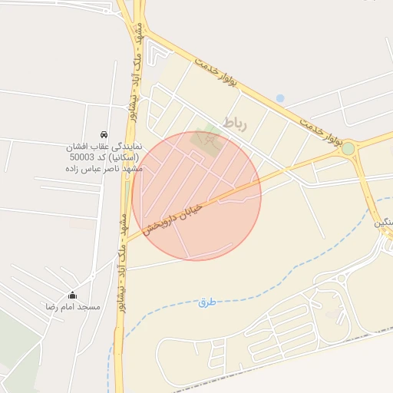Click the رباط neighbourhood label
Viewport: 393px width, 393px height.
[234, 123]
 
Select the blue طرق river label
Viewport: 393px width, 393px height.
[206, 302]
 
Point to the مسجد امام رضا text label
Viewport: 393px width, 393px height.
[73, 306]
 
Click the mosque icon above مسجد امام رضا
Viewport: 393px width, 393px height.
[73, 295]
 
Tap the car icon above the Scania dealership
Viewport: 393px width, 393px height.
[104, 134]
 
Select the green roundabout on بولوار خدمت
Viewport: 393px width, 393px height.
[348, 148]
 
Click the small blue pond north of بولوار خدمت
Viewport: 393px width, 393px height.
[280, 98]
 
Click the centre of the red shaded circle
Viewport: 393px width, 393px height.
[196, 196]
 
